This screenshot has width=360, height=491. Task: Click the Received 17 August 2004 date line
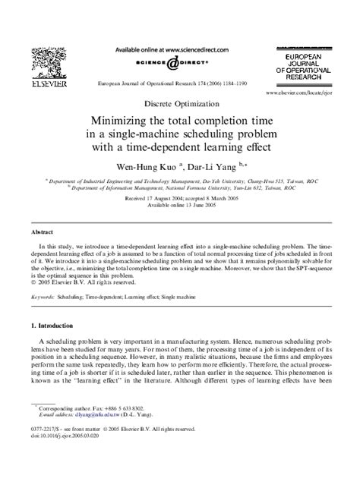coord(180,198)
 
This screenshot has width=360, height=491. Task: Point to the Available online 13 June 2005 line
coord(180,205)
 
